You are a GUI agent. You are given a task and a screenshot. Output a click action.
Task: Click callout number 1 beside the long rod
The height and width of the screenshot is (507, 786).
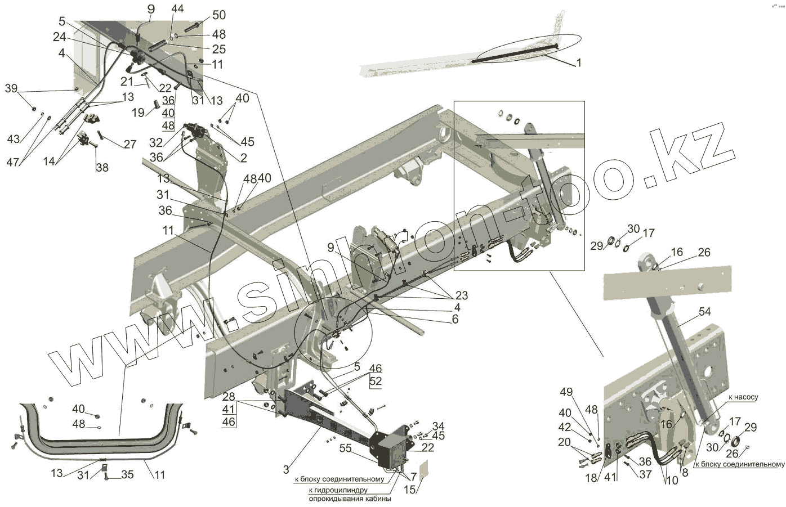point(578,63)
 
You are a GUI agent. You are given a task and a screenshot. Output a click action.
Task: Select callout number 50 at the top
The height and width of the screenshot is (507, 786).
point(203,15)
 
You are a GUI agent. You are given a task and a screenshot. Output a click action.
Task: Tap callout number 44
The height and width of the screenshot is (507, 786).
point(177,9)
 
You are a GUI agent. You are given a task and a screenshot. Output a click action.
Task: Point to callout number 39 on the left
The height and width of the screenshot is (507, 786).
point(11,88)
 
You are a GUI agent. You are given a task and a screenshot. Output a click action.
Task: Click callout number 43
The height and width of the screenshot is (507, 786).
point(13,138)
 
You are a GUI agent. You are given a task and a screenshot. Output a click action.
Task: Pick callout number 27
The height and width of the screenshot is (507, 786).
point(130,144)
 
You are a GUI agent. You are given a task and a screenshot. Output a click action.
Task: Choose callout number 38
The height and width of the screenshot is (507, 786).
point(102,167)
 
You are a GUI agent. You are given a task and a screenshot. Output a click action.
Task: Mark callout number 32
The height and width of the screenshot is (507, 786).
point(156,142)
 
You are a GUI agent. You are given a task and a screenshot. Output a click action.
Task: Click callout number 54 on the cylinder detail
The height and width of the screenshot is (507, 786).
point(704,311)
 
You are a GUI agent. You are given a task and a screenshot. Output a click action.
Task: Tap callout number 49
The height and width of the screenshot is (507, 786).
point(566,392)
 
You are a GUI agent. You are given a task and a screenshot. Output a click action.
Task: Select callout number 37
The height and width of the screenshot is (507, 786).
point(645,474)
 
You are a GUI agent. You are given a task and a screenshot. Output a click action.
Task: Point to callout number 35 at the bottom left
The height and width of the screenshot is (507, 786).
point(128,474)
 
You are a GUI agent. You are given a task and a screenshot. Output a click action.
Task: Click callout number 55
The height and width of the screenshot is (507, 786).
point(346,448)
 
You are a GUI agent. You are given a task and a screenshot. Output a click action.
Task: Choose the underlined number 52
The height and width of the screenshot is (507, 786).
point(376,381)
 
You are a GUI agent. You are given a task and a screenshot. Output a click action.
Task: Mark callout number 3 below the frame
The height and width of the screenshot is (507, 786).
point(286,469)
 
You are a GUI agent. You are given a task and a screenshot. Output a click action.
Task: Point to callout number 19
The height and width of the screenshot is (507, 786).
point(138,113)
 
